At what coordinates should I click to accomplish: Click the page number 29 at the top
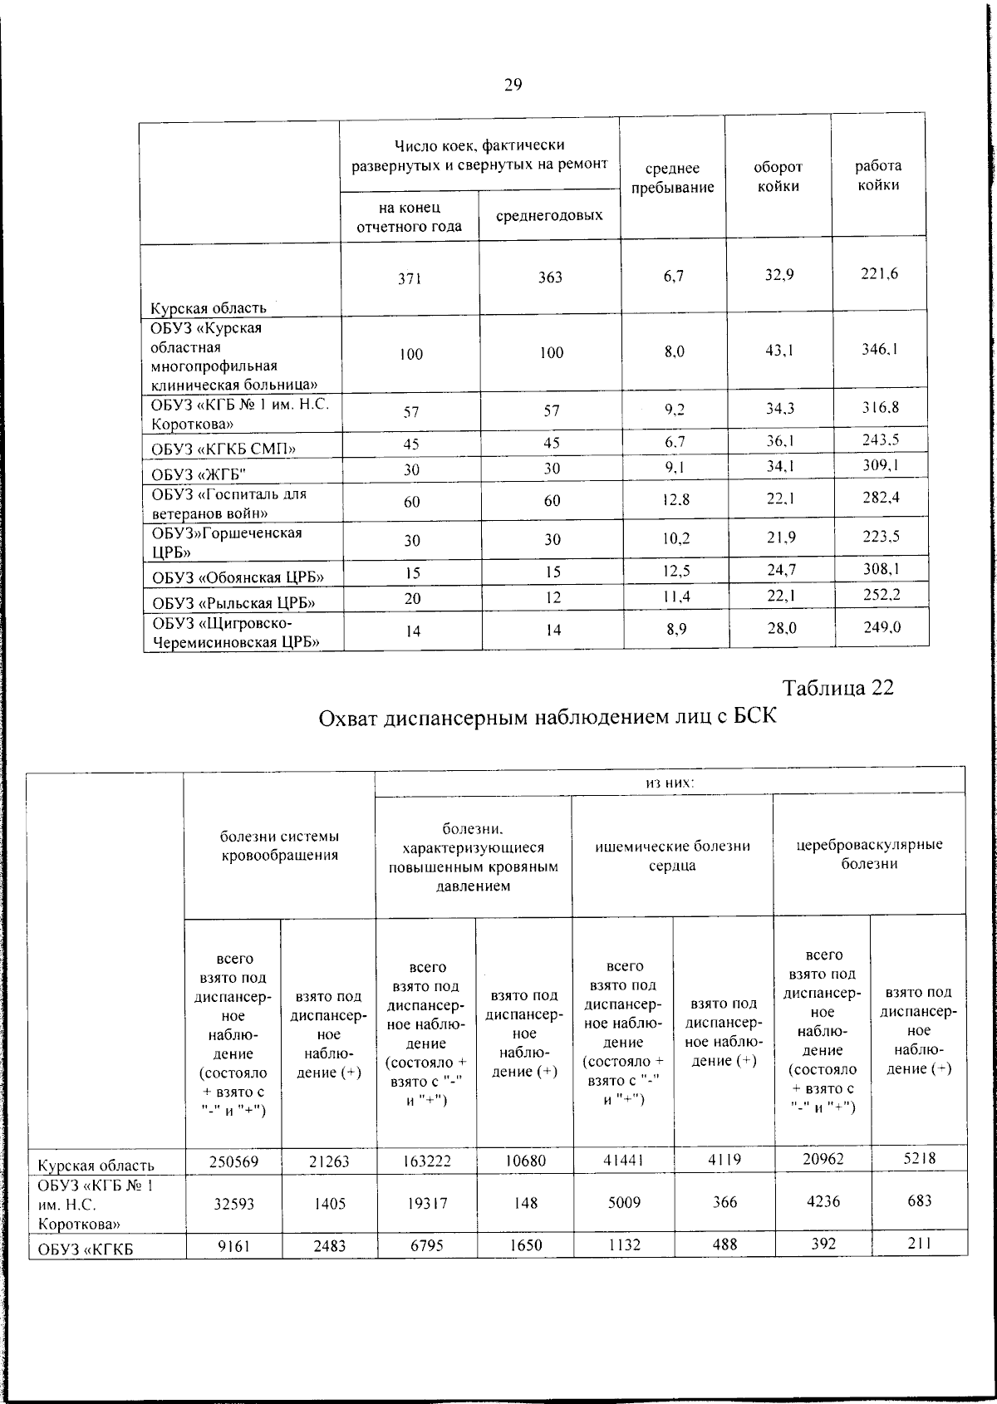coord(513,85)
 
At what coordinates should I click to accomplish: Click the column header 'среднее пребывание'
coord(672,178)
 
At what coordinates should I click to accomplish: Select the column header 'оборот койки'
coord(778,177)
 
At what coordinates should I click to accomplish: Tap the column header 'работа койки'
coord(879,175)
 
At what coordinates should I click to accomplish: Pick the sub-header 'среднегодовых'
coord(549,216)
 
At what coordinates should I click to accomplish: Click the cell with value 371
coord(410,279)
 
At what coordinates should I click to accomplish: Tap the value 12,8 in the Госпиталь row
coord(676,500)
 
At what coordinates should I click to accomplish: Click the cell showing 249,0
coord(882,628)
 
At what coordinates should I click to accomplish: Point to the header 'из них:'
coord(670,783)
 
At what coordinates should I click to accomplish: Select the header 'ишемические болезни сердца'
coord(673,856)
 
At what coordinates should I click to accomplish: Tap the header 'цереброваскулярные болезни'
coord(869,854)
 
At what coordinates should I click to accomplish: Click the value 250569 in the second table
coord(233,1161)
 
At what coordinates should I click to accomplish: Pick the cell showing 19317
coord(426,1203)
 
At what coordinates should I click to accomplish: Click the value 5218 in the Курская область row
coord(920,1158)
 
